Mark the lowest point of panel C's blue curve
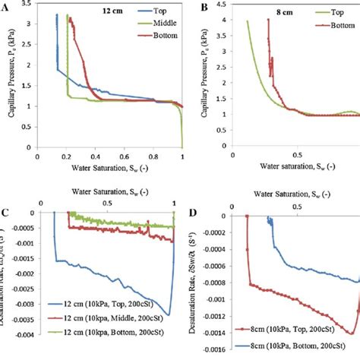[169, 314]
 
